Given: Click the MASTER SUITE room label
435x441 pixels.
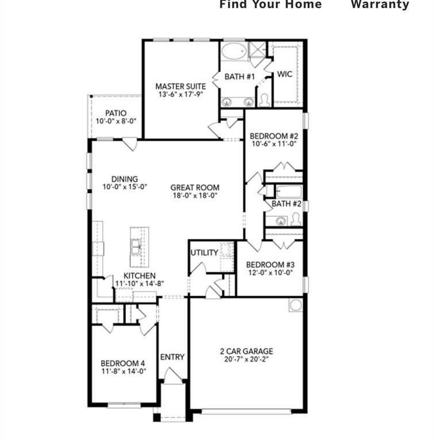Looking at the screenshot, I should pyautogui.click(x=180, y=86).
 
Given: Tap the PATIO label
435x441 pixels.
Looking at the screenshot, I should pyautogui.click(x=116, y=113).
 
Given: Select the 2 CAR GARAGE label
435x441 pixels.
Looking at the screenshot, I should pyautogui.click(x=246, y=351).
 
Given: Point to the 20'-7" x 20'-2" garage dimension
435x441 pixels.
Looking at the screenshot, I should pyautogui.click(x=246, y=360).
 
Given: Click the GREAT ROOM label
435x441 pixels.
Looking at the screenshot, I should pyautogui.click(x=195, y=187).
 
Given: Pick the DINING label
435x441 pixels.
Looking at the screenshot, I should pyautogui.click(x=125, y=179).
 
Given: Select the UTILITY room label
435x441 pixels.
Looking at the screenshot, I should pyautogui.click(x=204, y=253).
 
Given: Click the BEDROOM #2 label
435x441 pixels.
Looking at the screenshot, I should pyautogui.click(x=274, y=136).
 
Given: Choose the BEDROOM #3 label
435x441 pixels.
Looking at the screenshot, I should pyautogui.click(x=270, y=265).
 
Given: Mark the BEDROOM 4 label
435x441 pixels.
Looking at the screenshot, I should pyautogui.click(x=123, y=363).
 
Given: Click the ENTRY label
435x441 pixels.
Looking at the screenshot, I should pyautogui.click(x=172, y=357).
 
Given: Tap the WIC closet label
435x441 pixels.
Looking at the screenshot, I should pyautogui.click(x=285, y=75).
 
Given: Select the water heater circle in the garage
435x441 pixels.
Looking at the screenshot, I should pyautogui.click(x=295, y=305).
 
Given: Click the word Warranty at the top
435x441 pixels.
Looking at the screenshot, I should pyautogui.click(x=380, y=5).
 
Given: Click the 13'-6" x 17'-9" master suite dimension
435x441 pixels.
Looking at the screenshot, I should pyautogui.click(x=180, y=94).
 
